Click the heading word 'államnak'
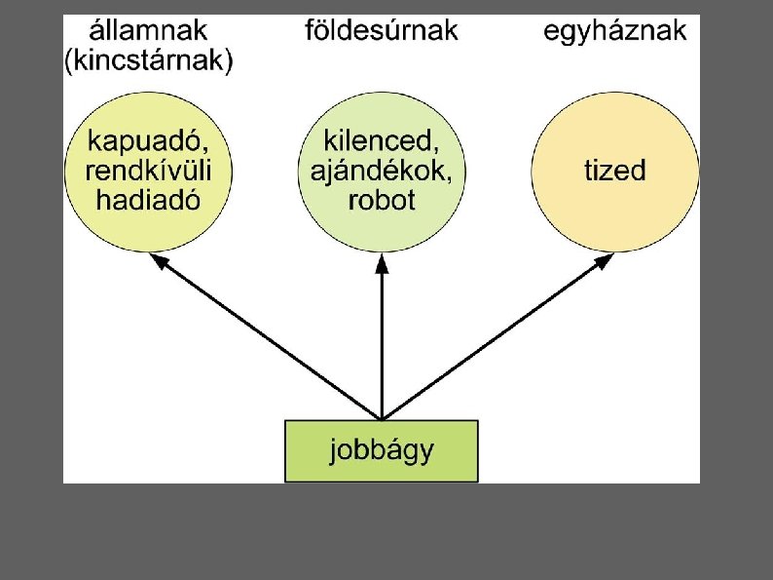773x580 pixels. tap(148, 29)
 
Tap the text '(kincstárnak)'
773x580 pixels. tap(148, 62)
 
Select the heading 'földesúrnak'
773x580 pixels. tap(382, 29)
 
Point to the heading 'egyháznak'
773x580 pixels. tap(614, 29)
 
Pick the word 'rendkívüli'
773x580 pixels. tap(148, 172)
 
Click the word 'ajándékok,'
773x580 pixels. tap(382, 172)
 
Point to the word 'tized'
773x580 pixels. tap(614, 172)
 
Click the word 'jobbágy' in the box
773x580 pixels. tap(382, 451)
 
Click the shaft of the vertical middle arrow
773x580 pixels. tap(382, 341)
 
